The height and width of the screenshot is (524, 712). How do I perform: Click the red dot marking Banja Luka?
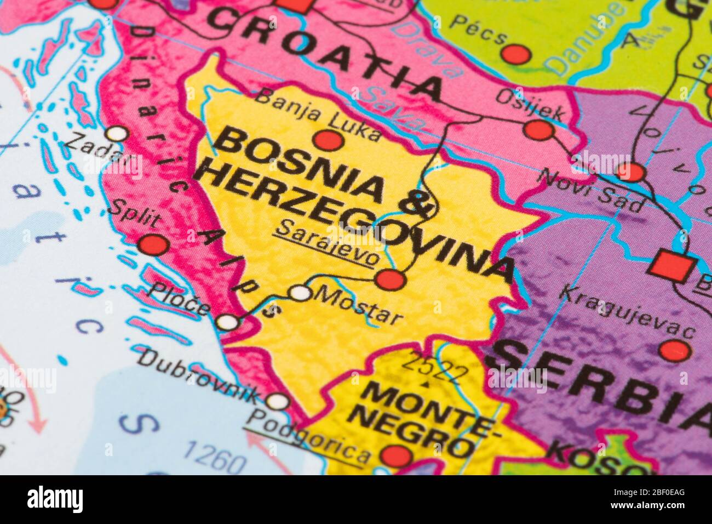[329, 140]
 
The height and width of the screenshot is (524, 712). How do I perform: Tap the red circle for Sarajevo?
[391, 280]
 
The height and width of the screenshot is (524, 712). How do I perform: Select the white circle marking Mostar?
[300, 293]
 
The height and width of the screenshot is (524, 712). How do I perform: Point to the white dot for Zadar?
[117, 133]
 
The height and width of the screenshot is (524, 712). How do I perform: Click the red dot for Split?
[153, 244]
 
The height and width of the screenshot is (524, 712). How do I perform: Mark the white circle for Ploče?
[228, 322]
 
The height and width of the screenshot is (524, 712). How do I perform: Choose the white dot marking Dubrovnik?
[279, 401]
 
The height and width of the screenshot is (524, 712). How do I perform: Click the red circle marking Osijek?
[538, 130]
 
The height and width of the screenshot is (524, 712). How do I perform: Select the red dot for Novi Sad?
[630, 171]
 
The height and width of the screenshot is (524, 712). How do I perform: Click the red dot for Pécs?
[515, 54]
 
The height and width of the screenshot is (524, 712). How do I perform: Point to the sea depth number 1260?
[214, 457]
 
